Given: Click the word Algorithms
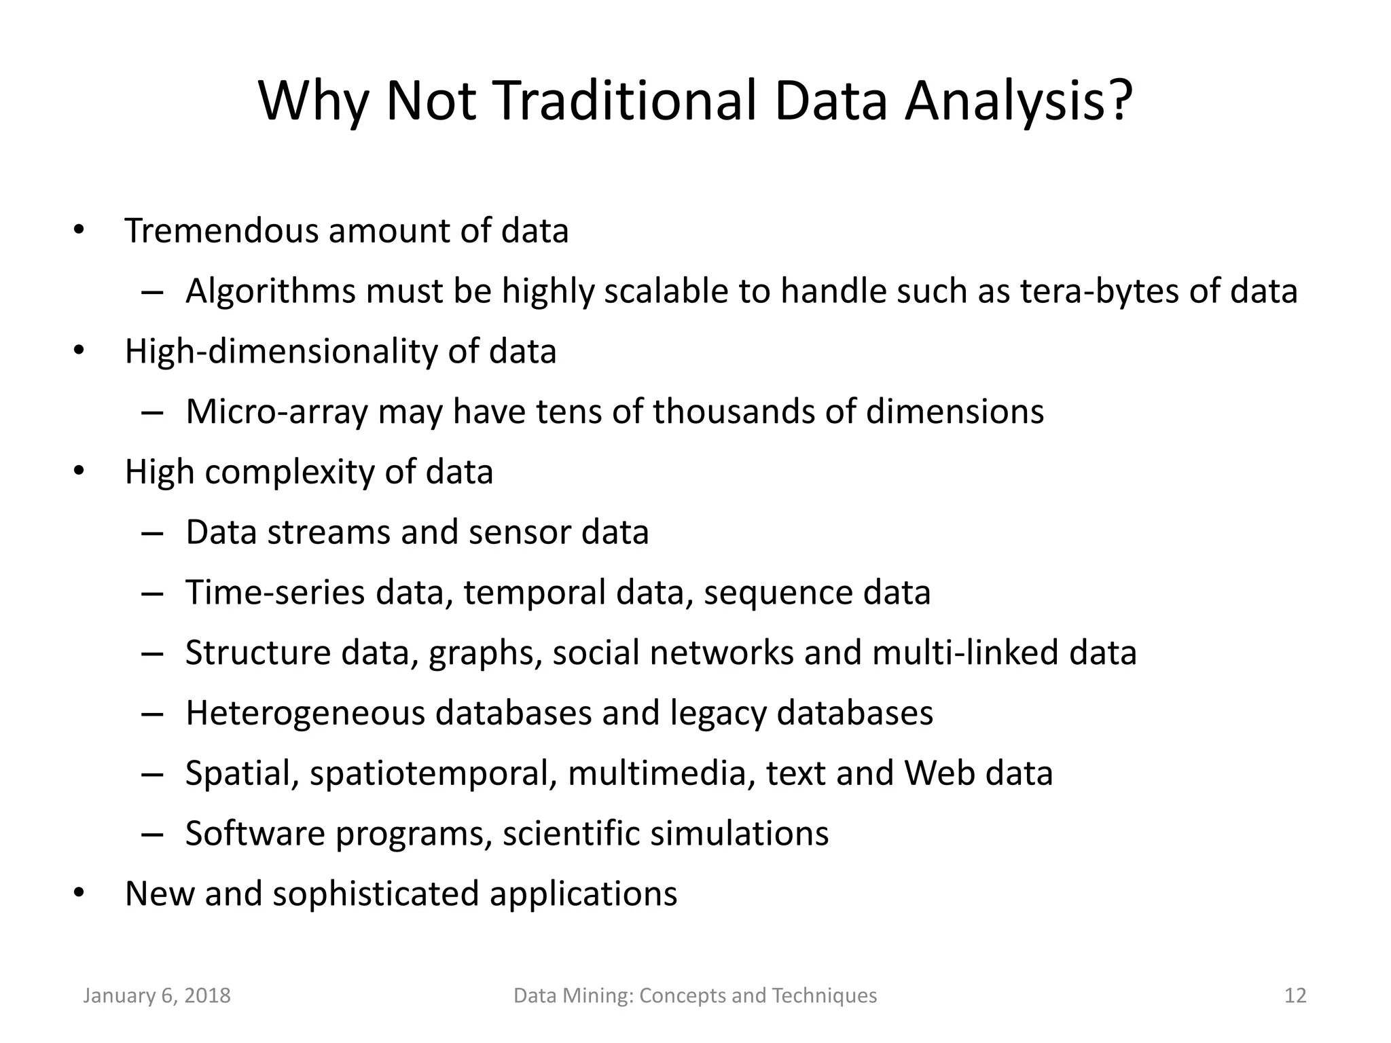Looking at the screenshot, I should (270, 291).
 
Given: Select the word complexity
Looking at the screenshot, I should (289, 473).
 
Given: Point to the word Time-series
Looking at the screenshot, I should (275, 592).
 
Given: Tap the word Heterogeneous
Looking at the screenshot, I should (306, 713).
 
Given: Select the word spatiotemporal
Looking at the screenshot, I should (433, 774).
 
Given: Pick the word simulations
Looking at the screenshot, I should (740, 833).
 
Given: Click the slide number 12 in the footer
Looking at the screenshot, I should (1295, 995).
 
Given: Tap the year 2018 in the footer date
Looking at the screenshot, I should (207, 995).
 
